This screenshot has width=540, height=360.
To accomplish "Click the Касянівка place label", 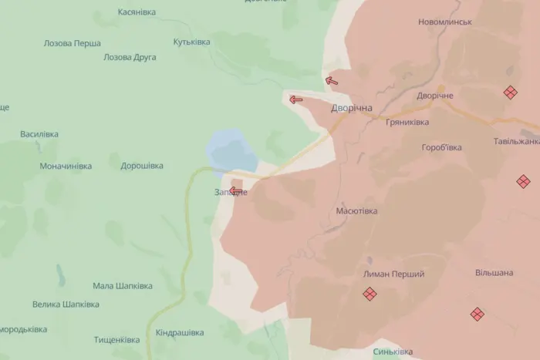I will click(136, 12).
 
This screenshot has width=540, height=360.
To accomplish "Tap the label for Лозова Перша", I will click(72, 43).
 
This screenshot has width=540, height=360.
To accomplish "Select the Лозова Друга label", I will click(130, 57).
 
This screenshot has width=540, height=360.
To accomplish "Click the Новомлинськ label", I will click(444, 22).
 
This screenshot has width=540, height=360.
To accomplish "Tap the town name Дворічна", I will click(352, 109).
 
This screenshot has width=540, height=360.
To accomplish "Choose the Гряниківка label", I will click(408, 123).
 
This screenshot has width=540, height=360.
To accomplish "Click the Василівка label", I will click(39, 134).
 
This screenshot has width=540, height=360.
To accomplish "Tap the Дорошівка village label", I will click(142, 166).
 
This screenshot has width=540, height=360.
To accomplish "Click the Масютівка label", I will click(357, 210).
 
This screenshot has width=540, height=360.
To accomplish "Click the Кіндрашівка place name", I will click(180, 333).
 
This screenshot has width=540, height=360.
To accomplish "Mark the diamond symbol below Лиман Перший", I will click(370, 294).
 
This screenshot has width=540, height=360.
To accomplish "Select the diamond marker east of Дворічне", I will click(510, 92).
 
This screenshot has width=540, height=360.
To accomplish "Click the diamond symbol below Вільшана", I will click(478, 314).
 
